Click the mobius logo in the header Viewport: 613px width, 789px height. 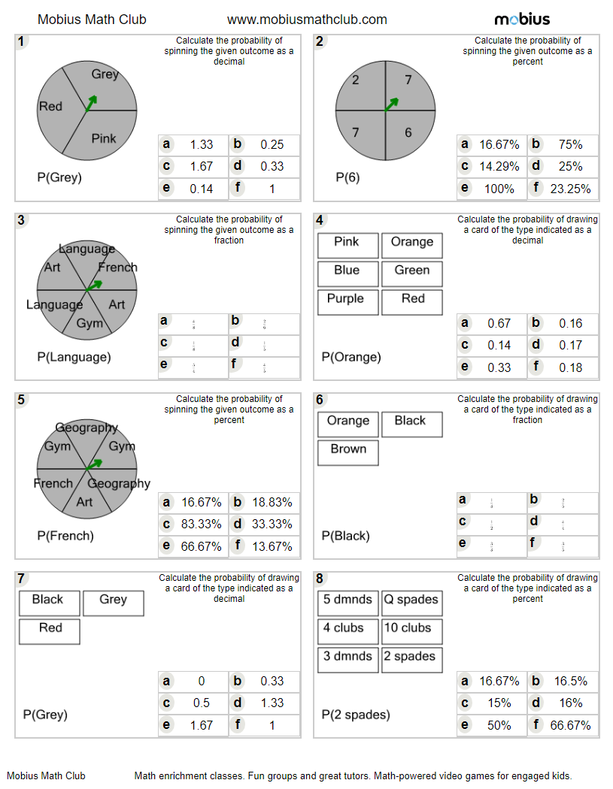coord(522,20)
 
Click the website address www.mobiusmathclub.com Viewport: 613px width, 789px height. coord(307,20)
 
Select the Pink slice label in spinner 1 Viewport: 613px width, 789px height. coord(104,138)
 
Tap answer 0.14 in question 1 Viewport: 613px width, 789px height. coord(201,189)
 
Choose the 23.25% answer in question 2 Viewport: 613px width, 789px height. coord(570,189)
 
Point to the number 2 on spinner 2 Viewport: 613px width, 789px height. coord(356,80)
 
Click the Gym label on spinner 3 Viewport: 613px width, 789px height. coord(90,323)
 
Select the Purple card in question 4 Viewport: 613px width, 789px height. coord(345,299)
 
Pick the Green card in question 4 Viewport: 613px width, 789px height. coord(411,271)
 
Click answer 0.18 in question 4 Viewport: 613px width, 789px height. coord(570,367)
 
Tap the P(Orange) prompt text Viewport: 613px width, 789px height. coord(351,357)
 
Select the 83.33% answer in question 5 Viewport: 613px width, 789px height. coord(201,524)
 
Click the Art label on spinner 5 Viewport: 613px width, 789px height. coord(84,501)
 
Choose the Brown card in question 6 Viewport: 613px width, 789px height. coord(348,449)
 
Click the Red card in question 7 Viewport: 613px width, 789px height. coord(50,628)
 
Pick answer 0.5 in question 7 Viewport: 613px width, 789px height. coord(201,703)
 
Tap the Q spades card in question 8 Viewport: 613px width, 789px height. coord(411,600)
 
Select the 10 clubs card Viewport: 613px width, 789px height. coord(411,628)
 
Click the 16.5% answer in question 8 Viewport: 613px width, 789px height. coord(570,681)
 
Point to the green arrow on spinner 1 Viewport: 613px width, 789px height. coord(90,102)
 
